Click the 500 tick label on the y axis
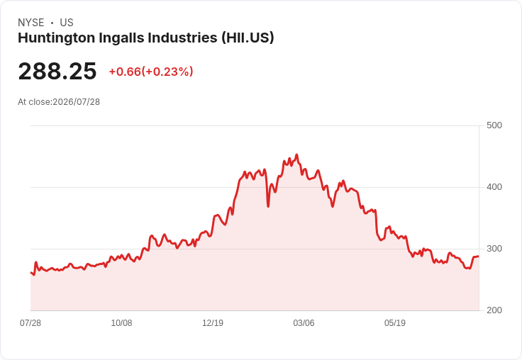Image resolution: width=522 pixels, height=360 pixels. click(494, 125)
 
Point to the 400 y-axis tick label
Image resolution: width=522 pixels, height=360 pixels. click(494, 187)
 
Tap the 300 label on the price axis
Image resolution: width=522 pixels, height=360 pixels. click(494, 249)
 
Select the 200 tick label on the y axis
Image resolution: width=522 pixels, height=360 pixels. click(494, 310)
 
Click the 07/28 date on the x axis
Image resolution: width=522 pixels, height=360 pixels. click(30, 322)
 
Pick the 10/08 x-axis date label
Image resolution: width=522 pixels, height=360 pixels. click(121, 322)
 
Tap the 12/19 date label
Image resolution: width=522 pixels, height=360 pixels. click(213, 322)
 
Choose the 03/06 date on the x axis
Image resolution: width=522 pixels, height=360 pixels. click(304, 322)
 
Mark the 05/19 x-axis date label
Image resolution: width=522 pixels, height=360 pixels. click(395, 322)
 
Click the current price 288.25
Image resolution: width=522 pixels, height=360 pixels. click(57, 71)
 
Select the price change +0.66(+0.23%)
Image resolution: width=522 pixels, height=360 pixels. click(151, 72)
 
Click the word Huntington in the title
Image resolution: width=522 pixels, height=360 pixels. click(57, 38)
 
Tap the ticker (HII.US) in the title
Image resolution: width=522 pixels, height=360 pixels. click(248, 38)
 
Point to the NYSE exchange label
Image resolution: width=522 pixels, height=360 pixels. click(31, 23)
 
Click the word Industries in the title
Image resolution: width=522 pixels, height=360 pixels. click(182, 38)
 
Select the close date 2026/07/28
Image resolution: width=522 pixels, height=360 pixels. click(76, 102)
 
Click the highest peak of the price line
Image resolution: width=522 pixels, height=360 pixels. click(296, 154)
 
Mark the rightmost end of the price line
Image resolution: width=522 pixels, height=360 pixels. click(479, 257)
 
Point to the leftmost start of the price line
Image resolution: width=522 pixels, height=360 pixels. click(31, 273)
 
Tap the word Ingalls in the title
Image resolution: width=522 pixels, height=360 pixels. click(121, 38)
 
